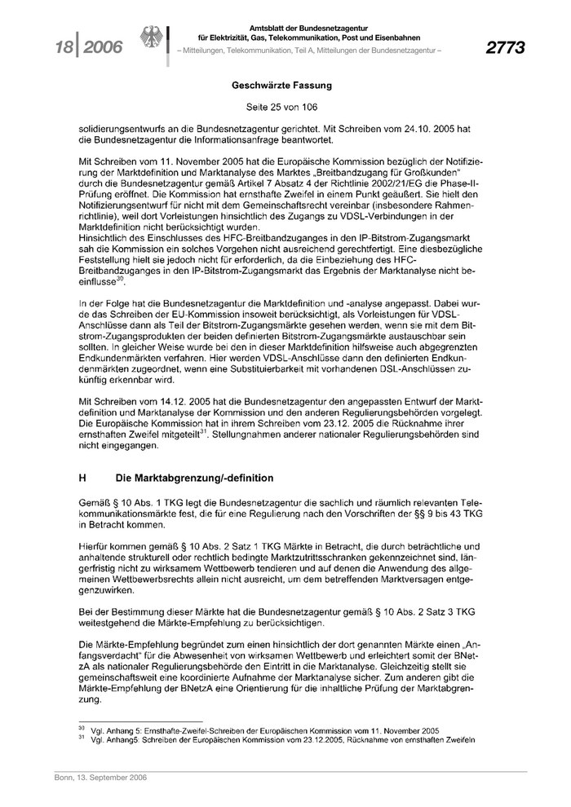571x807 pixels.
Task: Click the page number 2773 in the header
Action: pos(505,48)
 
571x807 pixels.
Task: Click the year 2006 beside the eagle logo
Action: pos(100,49)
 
